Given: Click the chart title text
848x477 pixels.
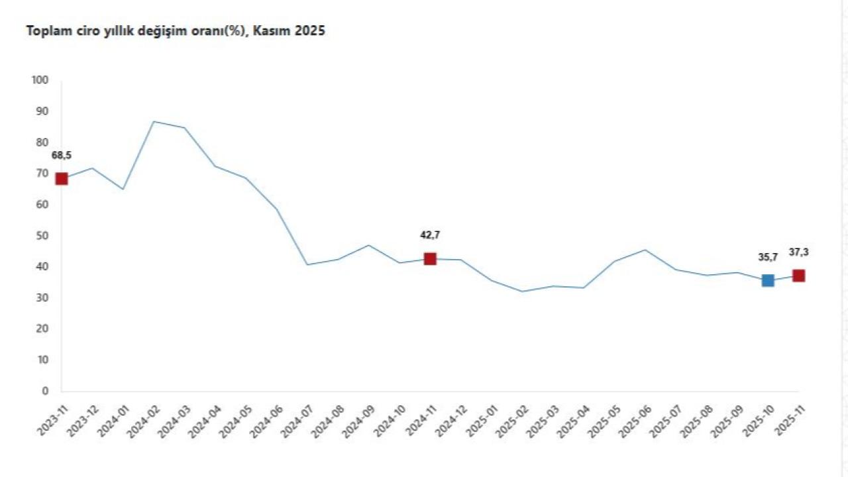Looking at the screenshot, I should pyautogui.click(x=176, y=31).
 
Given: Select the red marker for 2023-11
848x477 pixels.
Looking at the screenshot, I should pyautogui.click(x=62, y=178).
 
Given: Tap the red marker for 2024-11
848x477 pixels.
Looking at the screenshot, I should pyautogui.click(x=430, y=258).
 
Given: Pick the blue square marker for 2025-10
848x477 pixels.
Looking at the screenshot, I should pyautogui.click(x=768, y=280).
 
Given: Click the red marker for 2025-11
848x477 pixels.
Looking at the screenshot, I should pyautogui.click(x=799, y=276).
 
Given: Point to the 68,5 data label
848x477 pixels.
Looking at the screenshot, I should pyautogui.click(x=62, y=156).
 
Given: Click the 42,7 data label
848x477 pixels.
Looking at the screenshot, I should pyautogui.click(x=430, y=235).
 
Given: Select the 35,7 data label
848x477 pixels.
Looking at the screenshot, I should pyautogui.click(x=768, y=258).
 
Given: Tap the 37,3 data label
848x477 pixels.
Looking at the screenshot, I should pyautogui.click(x=799, y=252).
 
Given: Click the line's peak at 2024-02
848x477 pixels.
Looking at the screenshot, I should pyautogui.click(x=154, y=121).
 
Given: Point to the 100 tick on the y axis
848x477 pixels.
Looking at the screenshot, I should pyautogui.click(x=40, y=80).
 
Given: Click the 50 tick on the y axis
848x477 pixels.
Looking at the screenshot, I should pyautogui.click(x=42, y=236).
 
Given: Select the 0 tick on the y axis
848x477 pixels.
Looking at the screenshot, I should pyautogui.click(x=46, y=391).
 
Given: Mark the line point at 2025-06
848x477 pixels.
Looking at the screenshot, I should pyautogui.click(x=645, y=250).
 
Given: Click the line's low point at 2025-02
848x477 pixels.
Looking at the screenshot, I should pyautogui.click(x=522, y=291).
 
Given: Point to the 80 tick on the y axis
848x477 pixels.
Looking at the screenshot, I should pyautogui.click(x=42, y=142).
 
